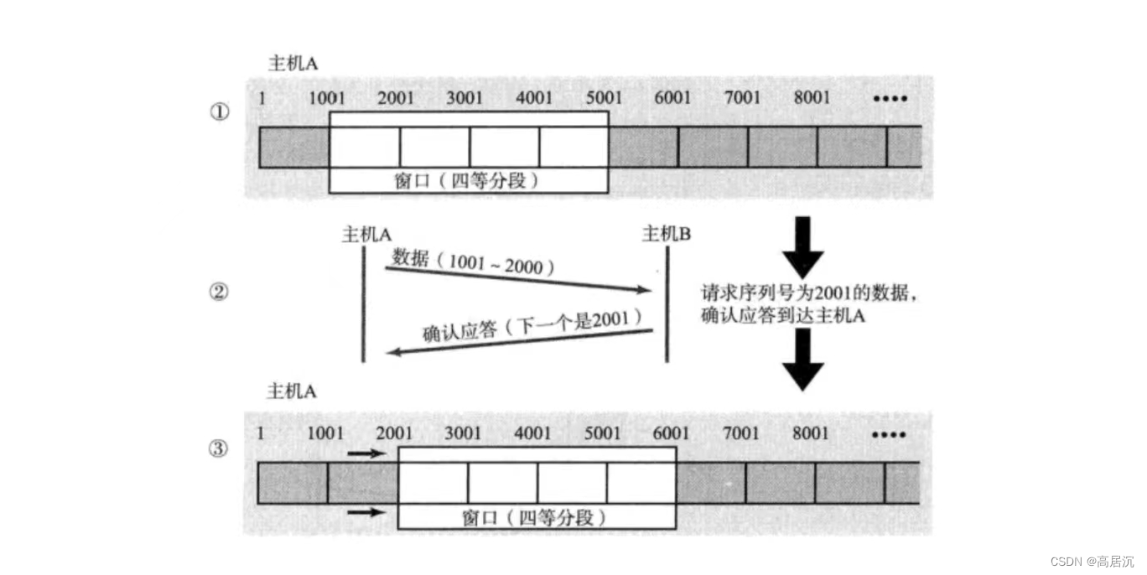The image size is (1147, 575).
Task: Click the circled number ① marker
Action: click(x=219, y=111)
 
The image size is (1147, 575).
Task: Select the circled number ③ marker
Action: click(x=218, y=449)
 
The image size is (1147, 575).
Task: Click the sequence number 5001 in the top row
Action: click(x=604, y=98)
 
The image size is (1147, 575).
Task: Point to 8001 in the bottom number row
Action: click(x=810, y=433)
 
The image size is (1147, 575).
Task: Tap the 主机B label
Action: click(x=667, y=234)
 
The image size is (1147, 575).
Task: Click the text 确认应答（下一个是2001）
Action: click(x=532, y=326)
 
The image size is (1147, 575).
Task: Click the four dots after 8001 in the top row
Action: click(x=890, y=99)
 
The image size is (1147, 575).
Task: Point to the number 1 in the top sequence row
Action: click(x=262, y=98)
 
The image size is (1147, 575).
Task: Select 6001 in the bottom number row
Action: click(x=671, y=433)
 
